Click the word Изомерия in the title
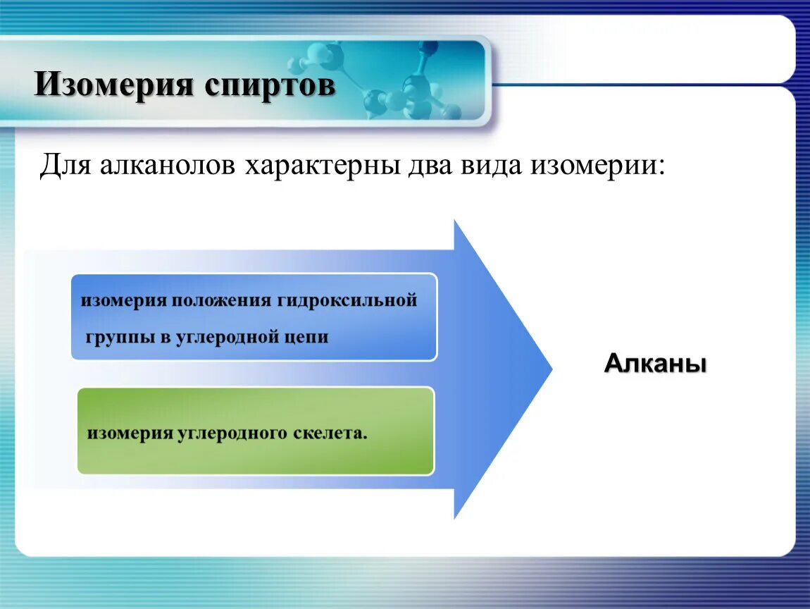coord(113,85)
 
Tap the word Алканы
coord(655,363)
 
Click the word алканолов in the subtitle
coord(168,165)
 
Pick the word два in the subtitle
coord(430,166)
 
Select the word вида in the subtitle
coord(490,166)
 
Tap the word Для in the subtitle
coord(66,166)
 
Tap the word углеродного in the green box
coord(232,433)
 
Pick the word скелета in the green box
coord(328,433)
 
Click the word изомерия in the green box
coord(130,433)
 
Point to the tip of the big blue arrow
coord(552,369)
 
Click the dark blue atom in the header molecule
coord(429,49)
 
